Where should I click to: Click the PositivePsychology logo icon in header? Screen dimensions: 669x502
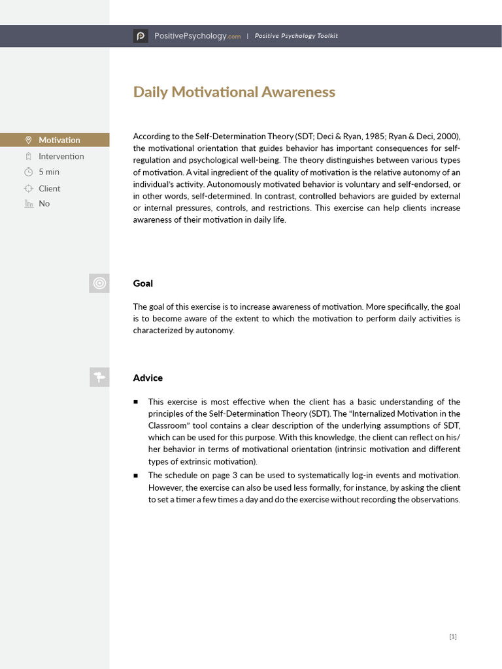[141, 37]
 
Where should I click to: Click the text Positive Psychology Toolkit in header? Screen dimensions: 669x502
[296, 37]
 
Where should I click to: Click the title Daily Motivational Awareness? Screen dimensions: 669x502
[234, 92]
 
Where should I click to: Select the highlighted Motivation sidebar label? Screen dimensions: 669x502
[59, 140]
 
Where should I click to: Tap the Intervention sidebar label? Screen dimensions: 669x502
[61, 156]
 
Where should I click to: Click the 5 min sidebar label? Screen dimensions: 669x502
[49, 172]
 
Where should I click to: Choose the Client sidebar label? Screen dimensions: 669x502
[50, 188]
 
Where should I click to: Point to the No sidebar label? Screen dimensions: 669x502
[44, 204]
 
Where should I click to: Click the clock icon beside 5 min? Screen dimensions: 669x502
[28, 172]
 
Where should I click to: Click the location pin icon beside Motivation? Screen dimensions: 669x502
[28, 140]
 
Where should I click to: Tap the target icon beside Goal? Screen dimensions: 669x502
[99, 283]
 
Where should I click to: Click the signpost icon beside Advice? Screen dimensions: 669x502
[99, 377]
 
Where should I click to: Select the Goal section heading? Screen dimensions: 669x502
[143, 284]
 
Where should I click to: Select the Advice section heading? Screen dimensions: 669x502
[148, 378]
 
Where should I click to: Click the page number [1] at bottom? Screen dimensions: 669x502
[453, 637]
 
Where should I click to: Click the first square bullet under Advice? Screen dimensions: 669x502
[136, 402]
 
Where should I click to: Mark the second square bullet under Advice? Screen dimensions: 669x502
[136, 475]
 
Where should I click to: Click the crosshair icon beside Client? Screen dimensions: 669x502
[28, 188]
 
